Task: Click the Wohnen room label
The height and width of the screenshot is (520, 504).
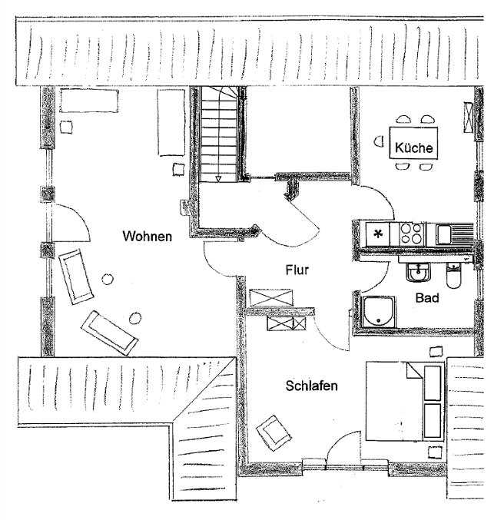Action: click(x=148, y=236)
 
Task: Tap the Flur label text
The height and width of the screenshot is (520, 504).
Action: click(x=297, y=270)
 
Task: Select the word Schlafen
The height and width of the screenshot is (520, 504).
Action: click(x=312, y=386)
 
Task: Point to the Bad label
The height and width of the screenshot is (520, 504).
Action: click(x=427, y=298)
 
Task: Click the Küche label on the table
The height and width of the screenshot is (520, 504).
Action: click(x=414, y=147)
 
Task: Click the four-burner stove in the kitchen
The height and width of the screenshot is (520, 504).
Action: click(x=412, y=234)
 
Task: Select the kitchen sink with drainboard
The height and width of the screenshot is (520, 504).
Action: click(x=454, y=234)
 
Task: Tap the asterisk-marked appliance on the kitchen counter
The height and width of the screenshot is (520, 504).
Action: click(x=377, y=234)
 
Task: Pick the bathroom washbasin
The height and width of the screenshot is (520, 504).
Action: click(x=419, y=272)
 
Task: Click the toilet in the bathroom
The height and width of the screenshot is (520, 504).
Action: click(x=453, y=276)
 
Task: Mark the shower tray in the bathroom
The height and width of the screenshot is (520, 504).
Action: click(x=379, y=312)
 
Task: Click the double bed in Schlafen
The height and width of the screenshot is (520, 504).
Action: click(x=404, y=401)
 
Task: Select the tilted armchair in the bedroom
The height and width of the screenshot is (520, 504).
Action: click(x=274, y=432)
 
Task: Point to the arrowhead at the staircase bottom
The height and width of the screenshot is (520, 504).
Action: click(x=218, y=179)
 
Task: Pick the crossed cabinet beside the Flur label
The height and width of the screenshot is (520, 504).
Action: click(x=271, y=297)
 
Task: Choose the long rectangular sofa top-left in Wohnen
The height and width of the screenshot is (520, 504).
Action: click(x=89, y=101)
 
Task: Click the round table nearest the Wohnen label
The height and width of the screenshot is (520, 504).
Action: click(x=107, y=280)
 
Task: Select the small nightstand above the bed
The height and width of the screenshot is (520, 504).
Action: click(x=436, y=352)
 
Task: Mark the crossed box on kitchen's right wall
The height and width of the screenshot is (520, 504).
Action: click(x=468, y=118)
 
